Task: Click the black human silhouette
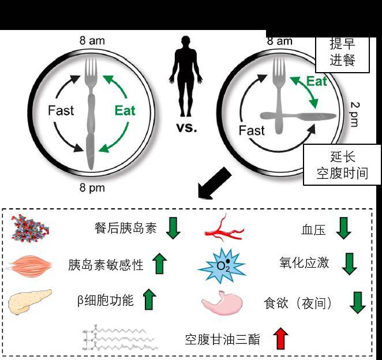186,76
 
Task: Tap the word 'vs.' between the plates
186,127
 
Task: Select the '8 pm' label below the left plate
92,188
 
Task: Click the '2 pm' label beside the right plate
355,114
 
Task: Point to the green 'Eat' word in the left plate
125,110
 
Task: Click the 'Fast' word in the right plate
252,130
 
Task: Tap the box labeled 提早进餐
343,54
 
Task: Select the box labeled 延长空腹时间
342,164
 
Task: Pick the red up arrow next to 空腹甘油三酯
280,338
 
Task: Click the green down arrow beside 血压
343,228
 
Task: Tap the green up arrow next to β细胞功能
149,299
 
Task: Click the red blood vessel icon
224,229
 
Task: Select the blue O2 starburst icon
222,265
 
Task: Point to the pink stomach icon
222,303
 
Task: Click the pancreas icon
30,302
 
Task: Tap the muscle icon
30,265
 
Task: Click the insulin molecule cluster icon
30,228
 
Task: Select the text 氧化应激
304,262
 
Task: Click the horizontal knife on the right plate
298,116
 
